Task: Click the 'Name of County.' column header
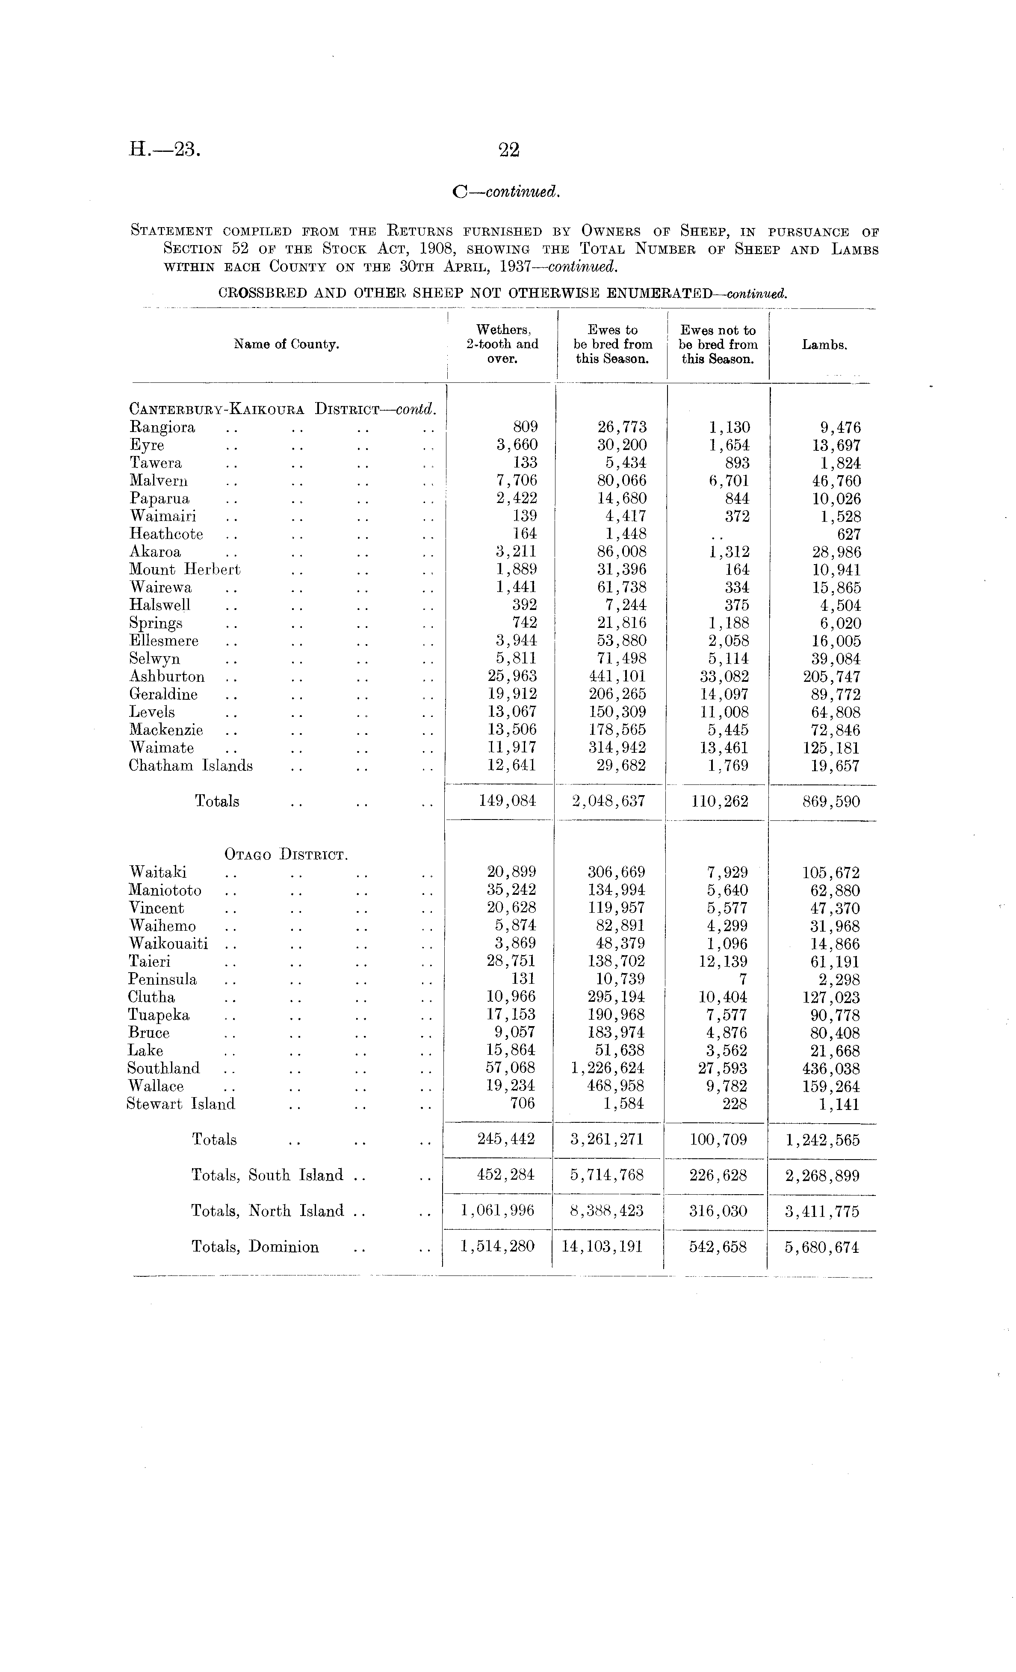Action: click(x=286, y=345)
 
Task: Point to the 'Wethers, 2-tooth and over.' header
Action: click(x=502, y=344)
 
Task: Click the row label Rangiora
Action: click(x=163, y=427)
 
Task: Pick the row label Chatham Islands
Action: click(x=191, y=766)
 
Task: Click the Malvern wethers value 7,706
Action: click(x=517, y=481)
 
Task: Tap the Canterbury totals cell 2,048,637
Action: click(x=608, y=802)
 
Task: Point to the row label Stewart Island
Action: click(x=180, y=1104)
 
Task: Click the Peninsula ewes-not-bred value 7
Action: click(x=743, y=979)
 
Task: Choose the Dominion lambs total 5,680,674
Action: click(x=822, y=1247)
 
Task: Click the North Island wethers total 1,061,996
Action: click(x=497, y=1211)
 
